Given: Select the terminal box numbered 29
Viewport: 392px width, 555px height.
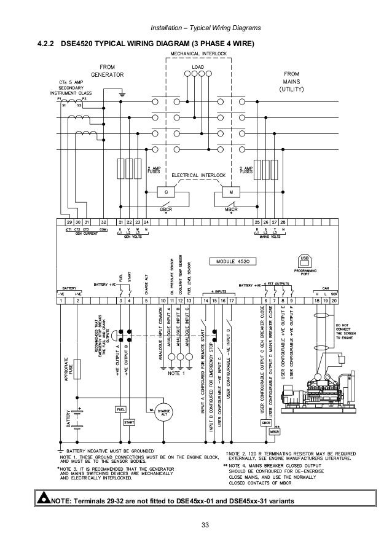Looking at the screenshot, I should [69, 221].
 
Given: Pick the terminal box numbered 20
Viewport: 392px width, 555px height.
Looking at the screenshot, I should [334, 301].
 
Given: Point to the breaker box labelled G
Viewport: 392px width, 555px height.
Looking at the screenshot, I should [165, 192].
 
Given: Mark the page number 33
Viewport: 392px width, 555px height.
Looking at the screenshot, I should [197, 524].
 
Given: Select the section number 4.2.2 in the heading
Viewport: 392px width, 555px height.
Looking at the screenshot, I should [49, 44].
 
